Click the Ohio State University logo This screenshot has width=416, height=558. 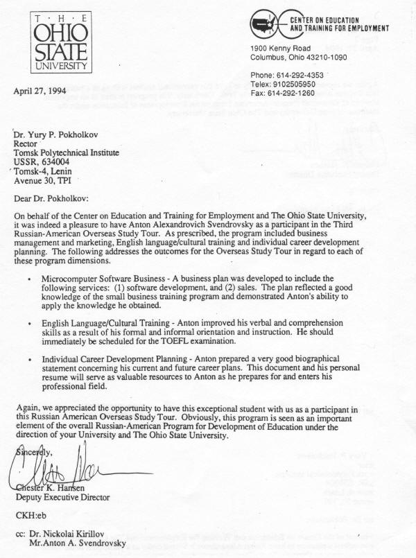(x=59, y=43)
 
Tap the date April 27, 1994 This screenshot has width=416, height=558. (x=44, y=89)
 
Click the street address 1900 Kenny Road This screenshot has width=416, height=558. (x=280, y=47)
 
